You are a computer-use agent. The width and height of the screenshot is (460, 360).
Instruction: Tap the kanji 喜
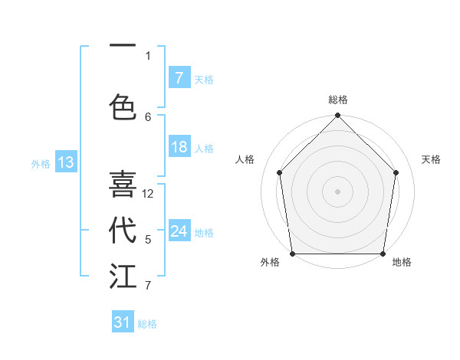point(123,183)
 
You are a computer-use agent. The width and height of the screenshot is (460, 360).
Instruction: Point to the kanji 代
point(123,229)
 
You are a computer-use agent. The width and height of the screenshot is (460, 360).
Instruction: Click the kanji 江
point(123,275)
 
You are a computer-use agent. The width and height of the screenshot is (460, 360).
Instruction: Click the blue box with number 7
point(179,77)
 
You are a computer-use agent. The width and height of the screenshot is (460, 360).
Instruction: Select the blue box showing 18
point(179,147)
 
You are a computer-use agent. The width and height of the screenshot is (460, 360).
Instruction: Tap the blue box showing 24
point(179,231)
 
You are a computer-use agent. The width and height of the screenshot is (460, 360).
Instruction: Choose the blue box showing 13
point(66,162)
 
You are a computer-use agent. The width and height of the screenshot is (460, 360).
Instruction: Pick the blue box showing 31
point(123,322)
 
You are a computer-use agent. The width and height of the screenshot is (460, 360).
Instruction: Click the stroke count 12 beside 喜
point(149,194)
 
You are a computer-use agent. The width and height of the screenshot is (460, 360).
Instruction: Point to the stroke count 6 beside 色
point(148,116)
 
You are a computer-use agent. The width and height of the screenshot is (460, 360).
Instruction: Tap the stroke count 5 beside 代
point(148,240)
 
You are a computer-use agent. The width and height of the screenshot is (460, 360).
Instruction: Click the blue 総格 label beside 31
point(147,324)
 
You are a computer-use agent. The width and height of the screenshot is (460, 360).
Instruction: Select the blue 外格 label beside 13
point(41,163)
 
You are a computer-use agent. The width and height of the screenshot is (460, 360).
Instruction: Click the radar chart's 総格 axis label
point(338,100)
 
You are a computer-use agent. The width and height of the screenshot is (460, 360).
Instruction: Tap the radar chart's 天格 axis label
point(431,159)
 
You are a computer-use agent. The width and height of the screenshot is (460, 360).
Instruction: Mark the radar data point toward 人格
point(280,172)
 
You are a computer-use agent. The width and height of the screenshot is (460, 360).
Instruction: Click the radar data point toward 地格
point(383,254)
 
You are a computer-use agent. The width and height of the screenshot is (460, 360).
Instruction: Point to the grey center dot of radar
point(338,191)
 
